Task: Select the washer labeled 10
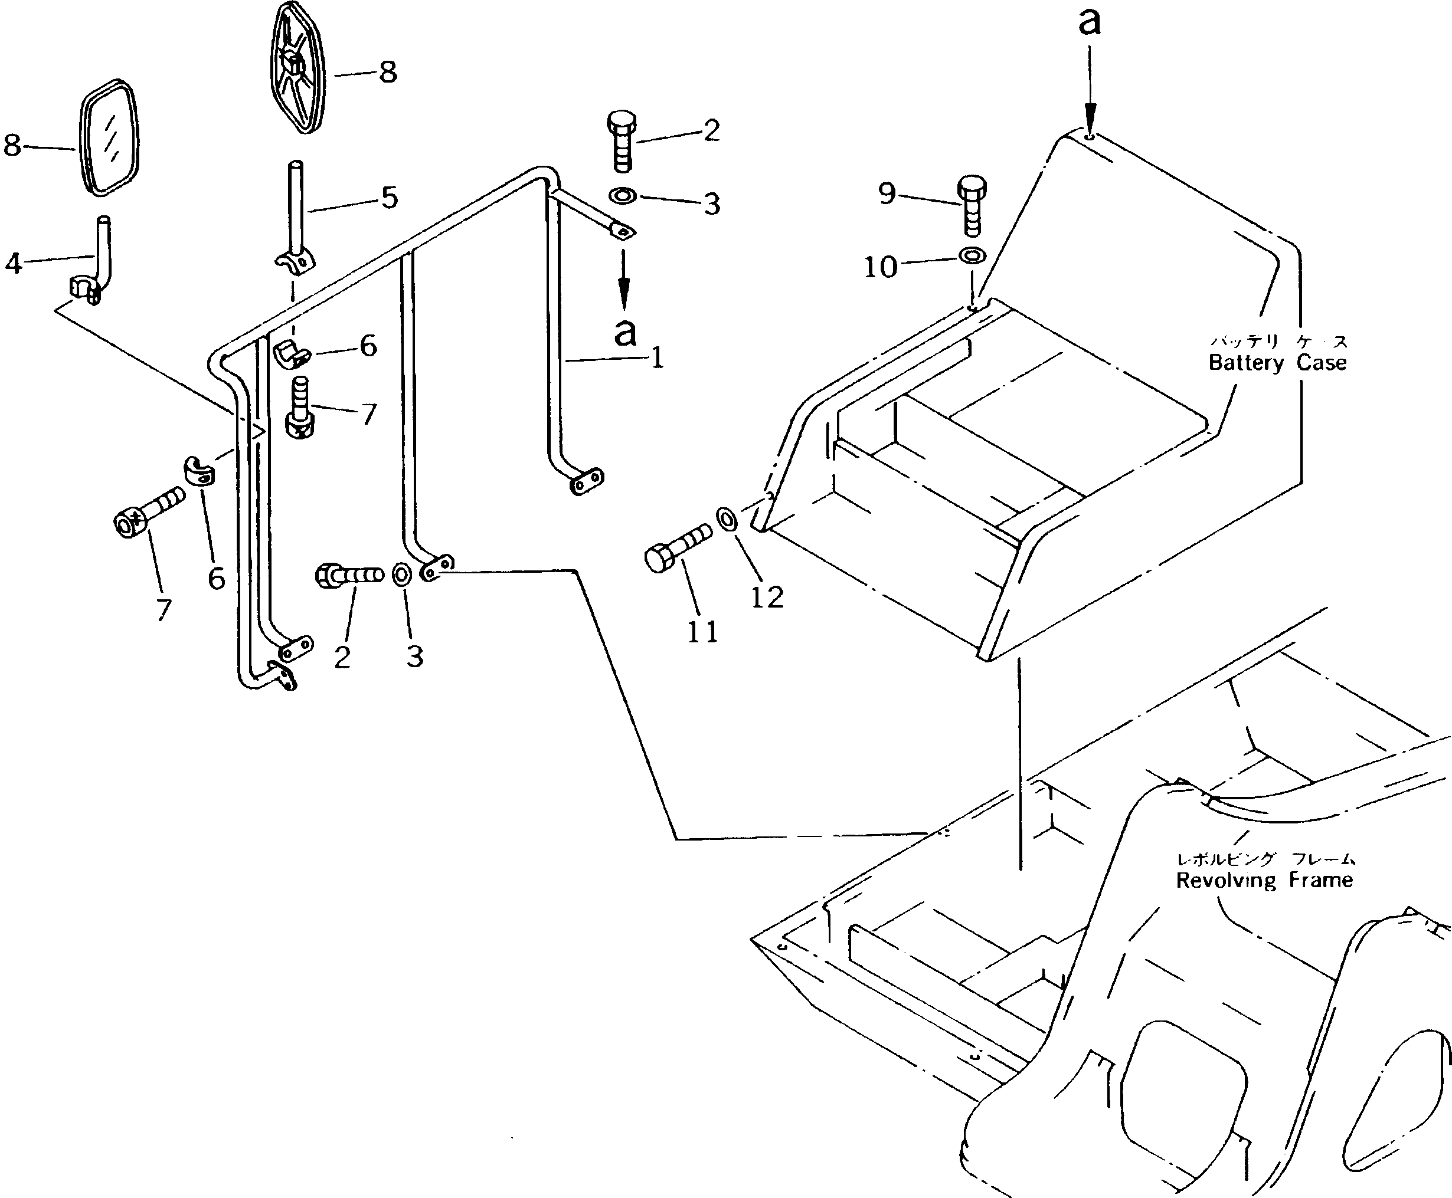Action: click(972, 257)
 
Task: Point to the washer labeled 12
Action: click(727, 519)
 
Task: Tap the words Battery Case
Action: click(1277, 363)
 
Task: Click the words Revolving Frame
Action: click(1264, 881)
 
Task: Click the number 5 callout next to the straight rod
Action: click(390, 198)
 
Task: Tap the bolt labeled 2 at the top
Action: click(622, 142)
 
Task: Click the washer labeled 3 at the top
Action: click(622, 196)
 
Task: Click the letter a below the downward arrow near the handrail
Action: click(625, 332)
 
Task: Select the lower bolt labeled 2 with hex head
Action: click(349, 574)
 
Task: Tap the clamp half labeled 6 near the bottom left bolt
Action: click(200, 471)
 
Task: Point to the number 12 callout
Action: click(767, 597)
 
